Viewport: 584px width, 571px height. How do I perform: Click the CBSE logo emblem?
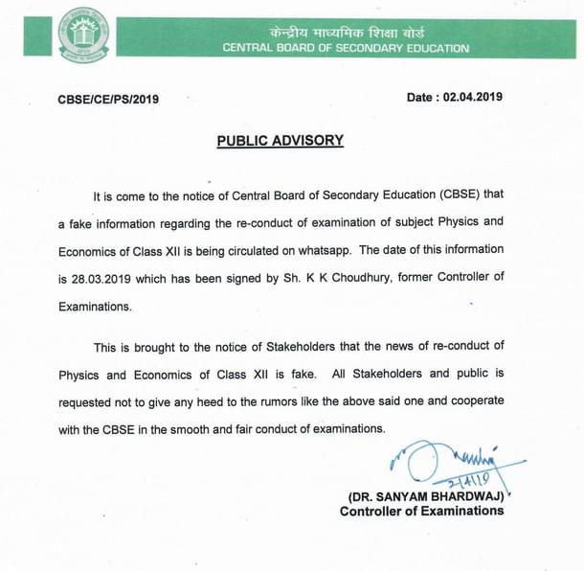point(84,34)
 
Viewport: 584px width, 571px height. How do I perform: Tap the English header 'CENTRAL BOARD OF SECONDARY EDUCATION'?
point(346,48)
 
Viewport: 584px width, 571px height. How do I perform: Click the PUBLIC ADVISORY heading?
point(280,140)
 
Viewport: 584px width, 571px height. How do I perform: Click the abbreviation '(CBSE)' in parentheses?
point(469,195)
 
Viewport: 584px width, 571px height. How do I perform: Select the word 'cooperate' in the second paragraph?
point(472,400)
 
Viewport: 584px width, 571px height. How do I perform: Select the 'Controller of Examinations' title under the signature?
point(421,512)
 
